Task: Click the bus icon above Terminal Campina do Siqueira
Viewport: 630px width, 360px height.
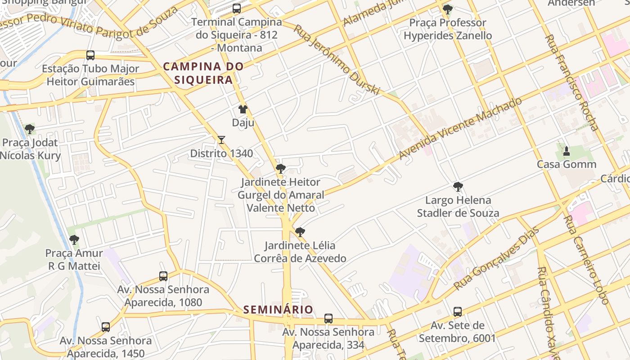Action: (x=237, y=9)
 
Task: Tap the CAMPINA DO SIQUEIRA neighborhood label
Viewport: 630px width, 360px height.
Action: (x=203, y=73)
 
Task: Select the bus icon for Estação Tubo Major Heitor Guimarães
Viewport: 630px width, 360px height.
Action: (x=90, y=55)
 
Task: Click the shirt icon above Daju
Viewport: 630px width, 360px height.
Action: (x=243, y=109)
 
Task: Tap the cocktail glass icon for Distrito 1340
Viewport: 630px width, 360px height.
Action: (x=221, y=140)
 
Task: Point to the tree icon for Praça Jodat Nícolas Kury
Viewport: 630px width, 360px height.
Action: (x=30, y=130)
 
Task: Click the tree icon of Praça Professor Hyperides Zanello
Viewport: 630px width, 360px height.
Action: (x=447, y=9)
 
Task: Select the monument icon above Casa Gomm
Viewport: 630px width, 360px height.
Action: (x=567, y=151)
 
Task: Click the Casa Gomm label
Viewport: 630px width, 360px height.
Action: (x=567, y=164)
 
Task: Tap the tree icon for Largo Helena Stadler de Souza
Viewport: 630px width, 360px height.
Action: (x=458, y=187)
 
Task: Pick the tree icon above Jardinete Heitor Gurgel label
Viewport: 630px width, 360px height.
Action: (x=281, y=169)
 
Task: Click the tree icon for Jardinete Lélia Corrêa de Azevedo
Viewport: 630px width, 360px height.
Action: (x=300, y=232)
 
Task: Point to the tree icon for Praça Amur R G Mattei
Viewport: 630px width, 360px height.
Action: (x=74, y=240)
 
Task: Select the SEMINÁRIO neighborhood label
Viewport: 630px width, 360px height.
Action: (x=278, y=310)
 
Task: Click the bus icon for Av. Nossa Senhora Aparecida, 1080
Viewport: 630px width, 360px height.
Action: (x=163, y=276)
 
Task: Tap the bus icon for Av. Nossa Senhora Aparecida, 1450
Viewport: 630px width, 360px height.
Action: (x=106, y=327)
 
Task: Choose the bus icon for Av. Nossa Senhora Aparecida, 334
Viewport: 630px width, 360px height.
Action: (x=328, y=319)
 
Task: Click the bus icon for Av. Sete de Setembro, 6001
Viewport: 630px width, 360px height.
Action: (x=458, y=312)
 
